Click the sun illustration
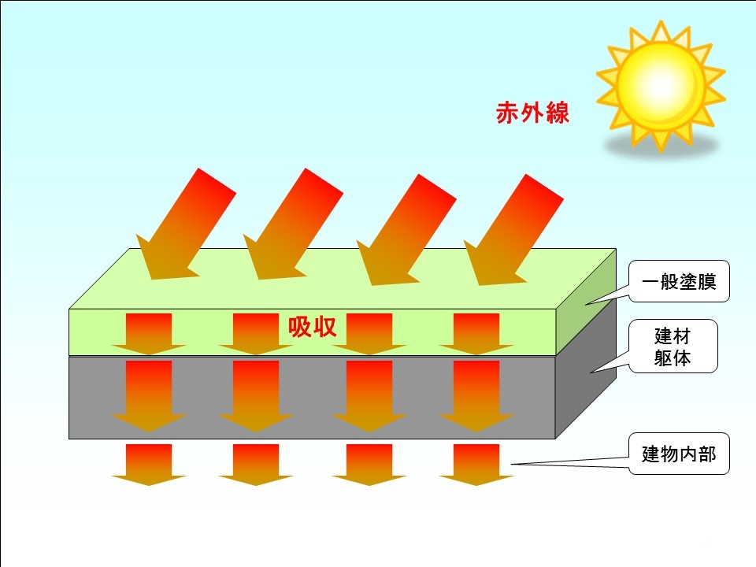tap(661, 87)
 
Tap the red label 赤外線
tap(532, 113)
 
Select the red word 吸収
tap(312, 327)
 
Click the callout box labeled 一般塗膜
tap(679, 282)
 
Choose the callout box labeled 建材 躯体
tap(673, 346)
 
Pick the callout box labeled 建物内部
tap(679, 454)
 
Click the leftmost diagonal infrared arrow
tap(186, 224)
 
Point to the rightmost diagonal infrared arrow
tap(513, 230)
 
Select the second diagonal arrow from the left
tap(293, 224)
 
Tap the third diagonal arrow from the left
tap(406, 230)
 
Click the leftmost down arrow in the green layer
tap(149, 334)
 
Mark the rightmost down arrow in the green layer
tap(476, 334)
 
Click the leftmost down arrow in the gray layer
tap(149, 396)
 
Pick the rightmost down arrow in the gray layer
tap(476, 396)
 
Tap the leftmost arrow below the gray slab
tap(149, 465)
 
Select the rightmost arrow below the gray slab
tap(476, 465)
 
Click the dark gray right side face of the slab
tap(586, 369)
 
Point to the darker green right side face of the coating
tap(586, 302)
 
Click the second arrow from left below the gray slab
tap(256, 465)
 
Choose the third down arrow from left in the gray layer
tap(369, 396)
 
